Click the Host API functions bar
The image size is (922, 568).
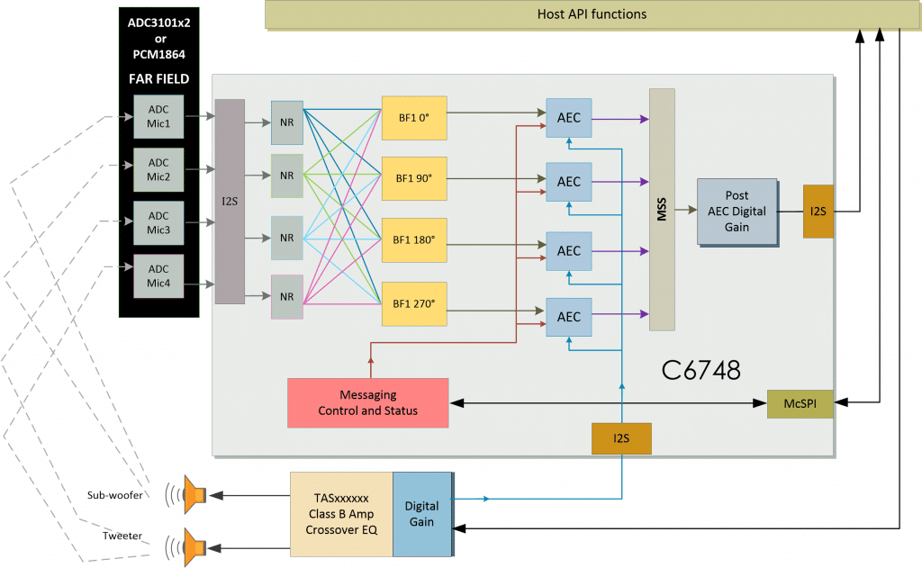tap(592, 14)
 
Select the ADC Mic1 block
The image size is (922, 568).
tap(158, 116)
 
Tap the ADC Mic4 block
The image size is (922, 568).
tap(158, 276)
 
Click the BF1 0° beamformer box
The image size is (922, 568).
tap(414, 117)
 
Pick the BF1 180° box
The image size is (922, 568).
tap(414, 240)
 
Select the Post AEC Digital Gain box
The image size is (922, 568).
tap(736, 211)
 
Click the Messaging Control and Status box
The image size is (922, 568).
tap(367, 402)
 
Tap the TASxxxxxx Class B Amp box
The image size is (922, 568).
tap(341, 513)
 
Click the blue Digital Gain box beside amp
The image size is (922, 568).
tap(422, 513)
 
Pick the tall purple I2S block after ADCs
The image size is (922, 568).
tap(230, 201)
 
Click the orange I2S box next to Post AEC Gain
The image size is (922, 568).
tap(818, 211)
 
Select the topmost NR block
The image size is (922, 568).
tap(286, 122)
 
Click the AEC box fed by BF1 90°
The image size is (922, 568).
tap(568, 182)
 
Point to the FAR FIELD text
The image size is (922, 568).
tap(158, 78)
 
